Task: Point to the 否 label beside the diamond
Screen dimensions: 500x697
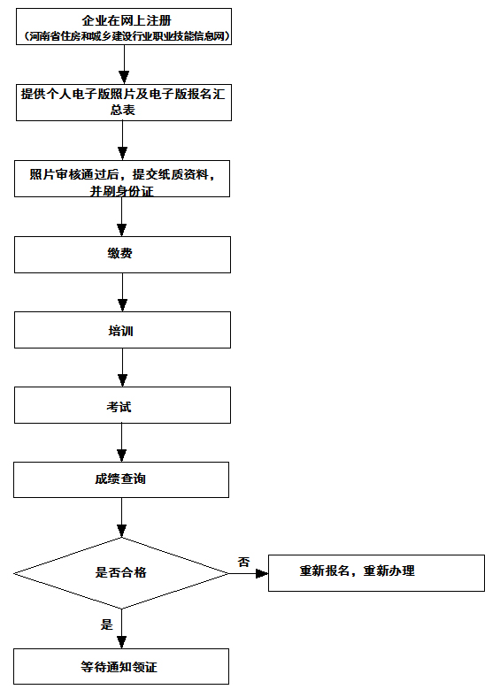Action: coord(243,562)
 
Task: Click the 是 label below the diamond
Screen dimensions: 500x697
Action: coord(107,624)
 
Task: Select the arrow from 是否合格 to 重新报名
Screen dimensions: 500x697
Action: coord(249,573)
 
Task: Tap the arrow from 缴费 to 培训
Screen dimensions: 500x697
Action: coord(122,292)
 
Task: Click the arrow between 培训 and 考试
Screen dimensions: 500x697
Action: coord(122,367)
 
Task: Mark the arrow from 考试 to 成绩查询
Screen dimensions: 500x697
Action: coord(121,442)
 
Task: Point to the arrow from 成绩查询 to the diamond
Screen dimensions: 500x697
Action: coord(121,517)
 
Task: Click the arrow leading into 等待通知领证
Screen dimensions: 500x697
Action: coord(121,629)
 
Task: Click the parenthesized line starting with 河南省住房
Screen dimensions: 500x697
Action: coord(127,36)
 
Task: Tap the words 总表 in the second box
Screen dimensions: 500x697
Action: coord(123,110)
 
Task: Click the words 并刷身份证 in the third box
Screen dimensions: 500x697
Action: coord(122,191)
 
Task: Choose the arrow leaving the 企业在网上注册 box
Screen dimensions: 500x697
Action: coord(124,65)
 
